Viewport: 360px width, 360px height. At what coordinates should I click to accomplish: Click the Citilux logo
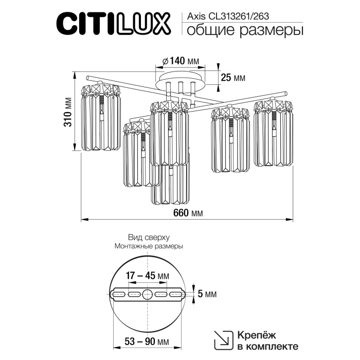[113, 23]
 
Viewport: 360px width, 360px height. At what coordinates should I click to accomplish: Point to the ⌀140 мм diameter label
[180, 61]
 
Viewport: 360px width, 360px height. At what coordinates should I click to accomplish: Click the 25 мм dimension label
[232, 78]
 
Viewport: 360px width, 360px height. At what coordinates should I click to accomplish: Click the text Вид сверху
[148, 237]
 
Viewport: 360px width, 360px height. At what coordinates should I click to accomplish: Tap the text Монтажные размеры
[148, 246]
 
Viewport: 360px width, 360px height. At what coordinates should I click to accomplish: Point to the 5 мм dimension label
[207, 294]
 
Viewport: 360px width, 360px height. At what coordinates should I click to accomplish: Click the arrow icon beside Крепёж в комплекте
[222, 339]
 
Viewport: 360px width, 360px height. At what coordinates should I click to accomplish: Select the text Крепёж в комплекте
[267, 339]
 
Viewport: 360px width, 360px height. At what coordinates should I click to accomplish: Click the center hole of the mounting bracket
[148, 295]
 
